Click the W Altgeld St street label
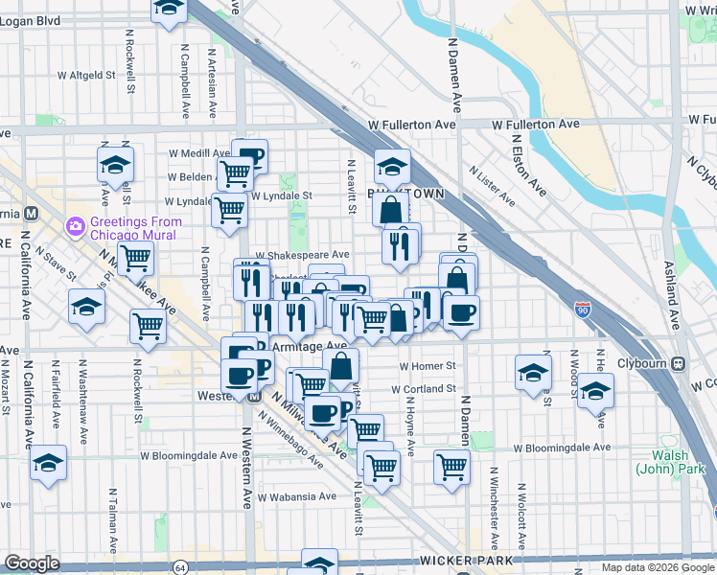[85, 74]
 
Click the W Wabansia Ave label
[301, 496]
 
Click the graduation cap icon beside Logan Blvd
[169, 9]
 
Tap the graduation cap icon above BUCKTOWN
[392, 167]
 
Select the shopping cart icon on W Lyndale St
[229, 208]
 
